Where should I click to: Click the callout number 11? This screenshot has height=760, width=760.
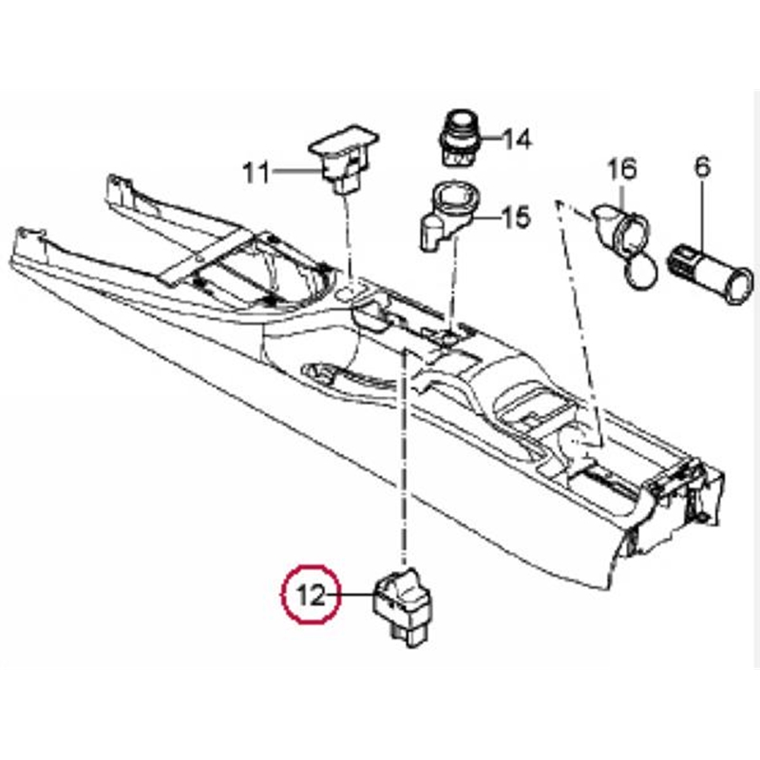tap(256, 173)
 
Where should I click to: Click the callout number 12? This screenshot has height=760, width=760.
tap(312, 597)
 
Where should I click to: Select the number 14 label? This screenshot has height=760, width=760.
tap(516, 141)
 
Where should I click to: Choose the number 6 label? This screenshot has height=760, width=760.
tap(702, 167)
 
